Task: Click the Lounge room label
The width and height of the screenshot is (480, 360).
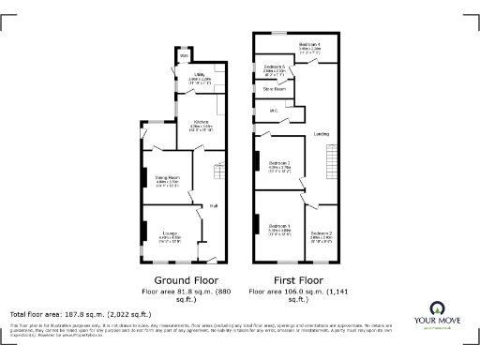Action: coord(170,235)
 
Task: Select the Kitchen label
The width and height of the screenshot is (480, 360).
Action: coord(202,123)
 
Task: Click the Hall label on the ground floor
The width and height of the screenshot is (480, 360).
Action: coord(214,205)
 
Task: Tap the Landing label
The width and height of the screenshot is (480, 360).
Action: coord(321,134)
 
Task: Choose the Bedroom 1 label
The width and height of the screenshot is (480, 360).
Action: coord(279,227)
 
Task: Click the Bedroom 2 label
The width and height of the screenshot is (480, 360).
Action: coord(322,233)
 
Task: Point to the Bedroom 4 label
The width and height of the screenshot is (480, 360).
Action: coord(310,45)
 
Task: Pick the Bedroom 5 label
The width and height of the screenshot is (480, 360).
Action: coord(275,67)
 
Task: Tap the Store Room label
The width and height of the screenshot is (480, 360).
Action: coord(274,89)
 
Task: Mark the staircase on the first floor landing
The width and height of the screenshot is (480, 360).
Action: coord(330,169)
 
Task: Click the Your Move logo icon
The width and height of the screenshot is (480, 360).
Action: coord(436,308)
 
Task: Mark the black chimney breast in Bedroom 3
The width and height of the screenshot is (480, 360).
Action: coord(257,159)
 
